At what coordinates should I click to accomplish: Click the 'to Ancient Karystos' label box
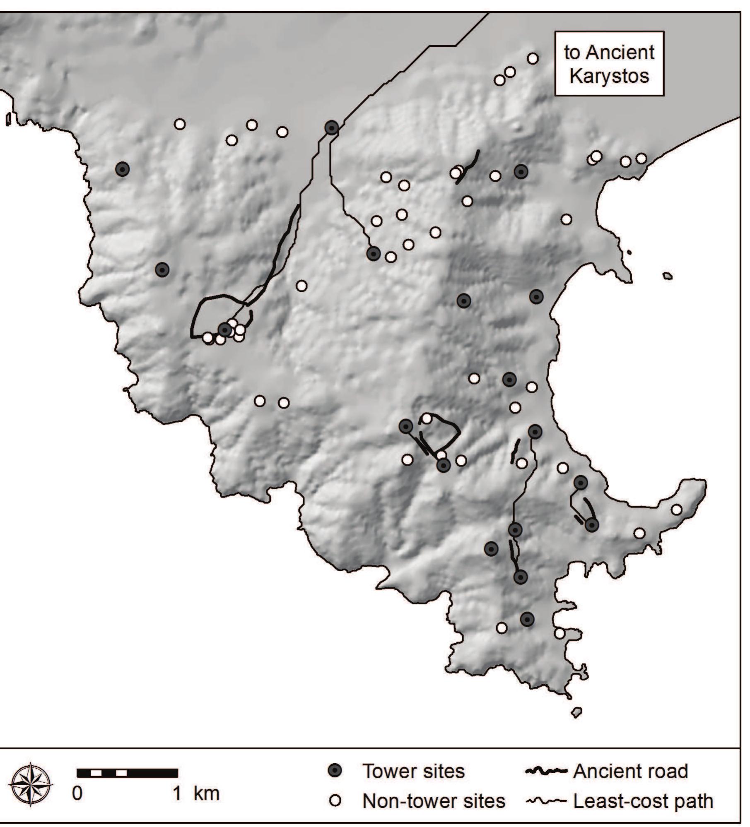tap(609, 64)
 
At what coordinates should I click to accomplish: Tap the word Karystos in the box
tap(609, 77)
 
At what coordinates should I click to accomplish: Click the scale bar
tap(128, 773)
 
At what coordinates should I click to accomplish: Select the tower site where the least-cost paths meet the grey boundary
tap(331, 128)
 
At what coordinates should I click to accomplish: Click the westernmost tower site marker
tap(122, 169)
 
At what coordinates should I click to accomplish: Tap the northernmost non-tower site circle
tap(533, 58)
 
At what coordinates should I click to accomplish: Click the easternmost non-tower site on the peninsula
tap(676, 510)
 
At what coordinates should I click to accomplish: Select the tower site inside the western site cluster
tap(224, 329)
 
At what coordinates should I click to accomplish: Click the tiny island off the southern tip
tap(576, 712)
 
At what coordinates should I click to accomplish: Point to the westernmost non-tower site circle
tap(179, 124)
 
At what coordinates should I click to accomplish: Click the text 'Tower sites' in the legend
tap(413, 771)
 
